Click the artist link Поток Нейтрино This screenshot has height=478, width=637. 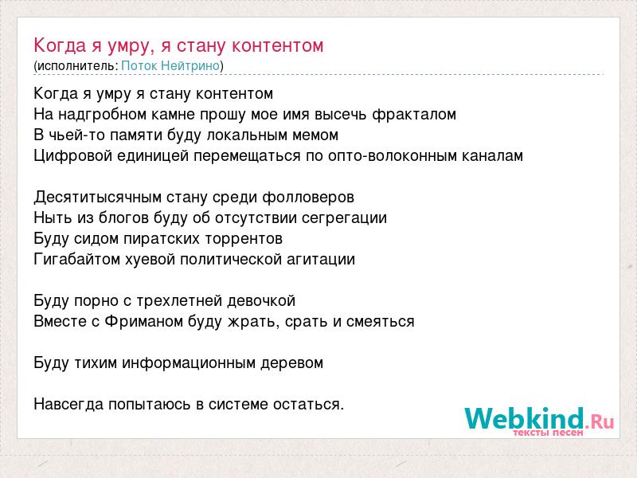click(170, 65)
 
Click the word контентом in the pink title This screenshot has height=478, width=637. click(277, 45)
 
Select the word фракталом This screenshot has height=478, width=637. click(414, 115)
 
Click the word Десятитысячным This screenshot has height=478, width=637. click(98, 198)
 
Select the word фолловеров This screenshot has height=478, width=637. click(308, 198)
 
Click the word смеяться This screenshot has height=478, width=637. click(381, 322)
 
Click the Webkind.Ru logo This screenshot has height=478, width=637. click(539, 419)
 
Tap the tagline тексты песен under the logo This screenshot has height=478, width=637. click(548, 433)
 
